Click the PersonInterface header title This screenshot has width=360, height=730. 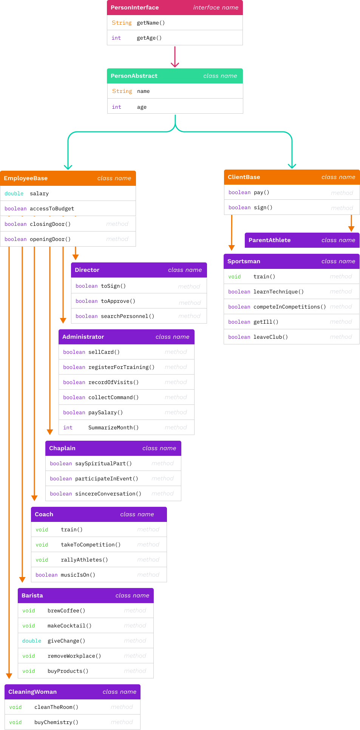click(134, 8)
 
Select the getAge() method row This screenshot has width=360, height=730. click(149, 38)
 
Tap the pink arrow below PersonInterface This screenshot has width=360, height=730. click(175, 57)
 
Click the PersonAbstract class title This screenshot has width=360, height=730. click(134, 76)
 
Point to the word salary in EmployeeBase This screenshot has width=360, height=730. click(39, 193)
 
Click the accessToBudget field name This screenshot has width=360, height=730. click(52, 208)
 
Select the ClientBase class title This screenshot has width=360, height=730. click(244, 177)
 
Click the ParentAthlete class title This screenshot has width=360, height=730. click(269, 240)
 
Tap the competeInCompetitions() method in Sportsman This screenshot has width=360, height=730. click(289, 307)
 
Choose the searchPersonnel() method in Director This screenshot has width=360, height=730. click(127, 316)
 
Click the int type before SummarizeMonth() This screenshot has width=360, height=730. click(68, 428)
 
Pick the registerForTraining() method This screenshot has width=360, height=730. click(121, 367)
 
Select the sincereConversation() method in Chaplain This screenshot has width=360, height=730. click(108, 494)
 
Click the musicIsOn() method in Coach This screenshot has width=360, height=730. click(78, 575)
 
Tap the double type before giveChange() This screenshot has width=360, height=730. click(32, 641)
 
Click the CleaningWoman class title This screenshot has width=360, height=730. click(32, 692)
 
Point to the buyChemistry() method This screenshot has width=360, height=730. click(56, 722)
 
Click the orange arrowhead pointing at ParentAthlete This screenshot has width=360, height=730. click(351, 228)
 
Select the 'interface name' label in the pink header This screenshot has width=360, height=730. click(216, 8)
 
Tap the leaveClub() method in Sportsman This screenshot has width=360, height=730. click(270, 337)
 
